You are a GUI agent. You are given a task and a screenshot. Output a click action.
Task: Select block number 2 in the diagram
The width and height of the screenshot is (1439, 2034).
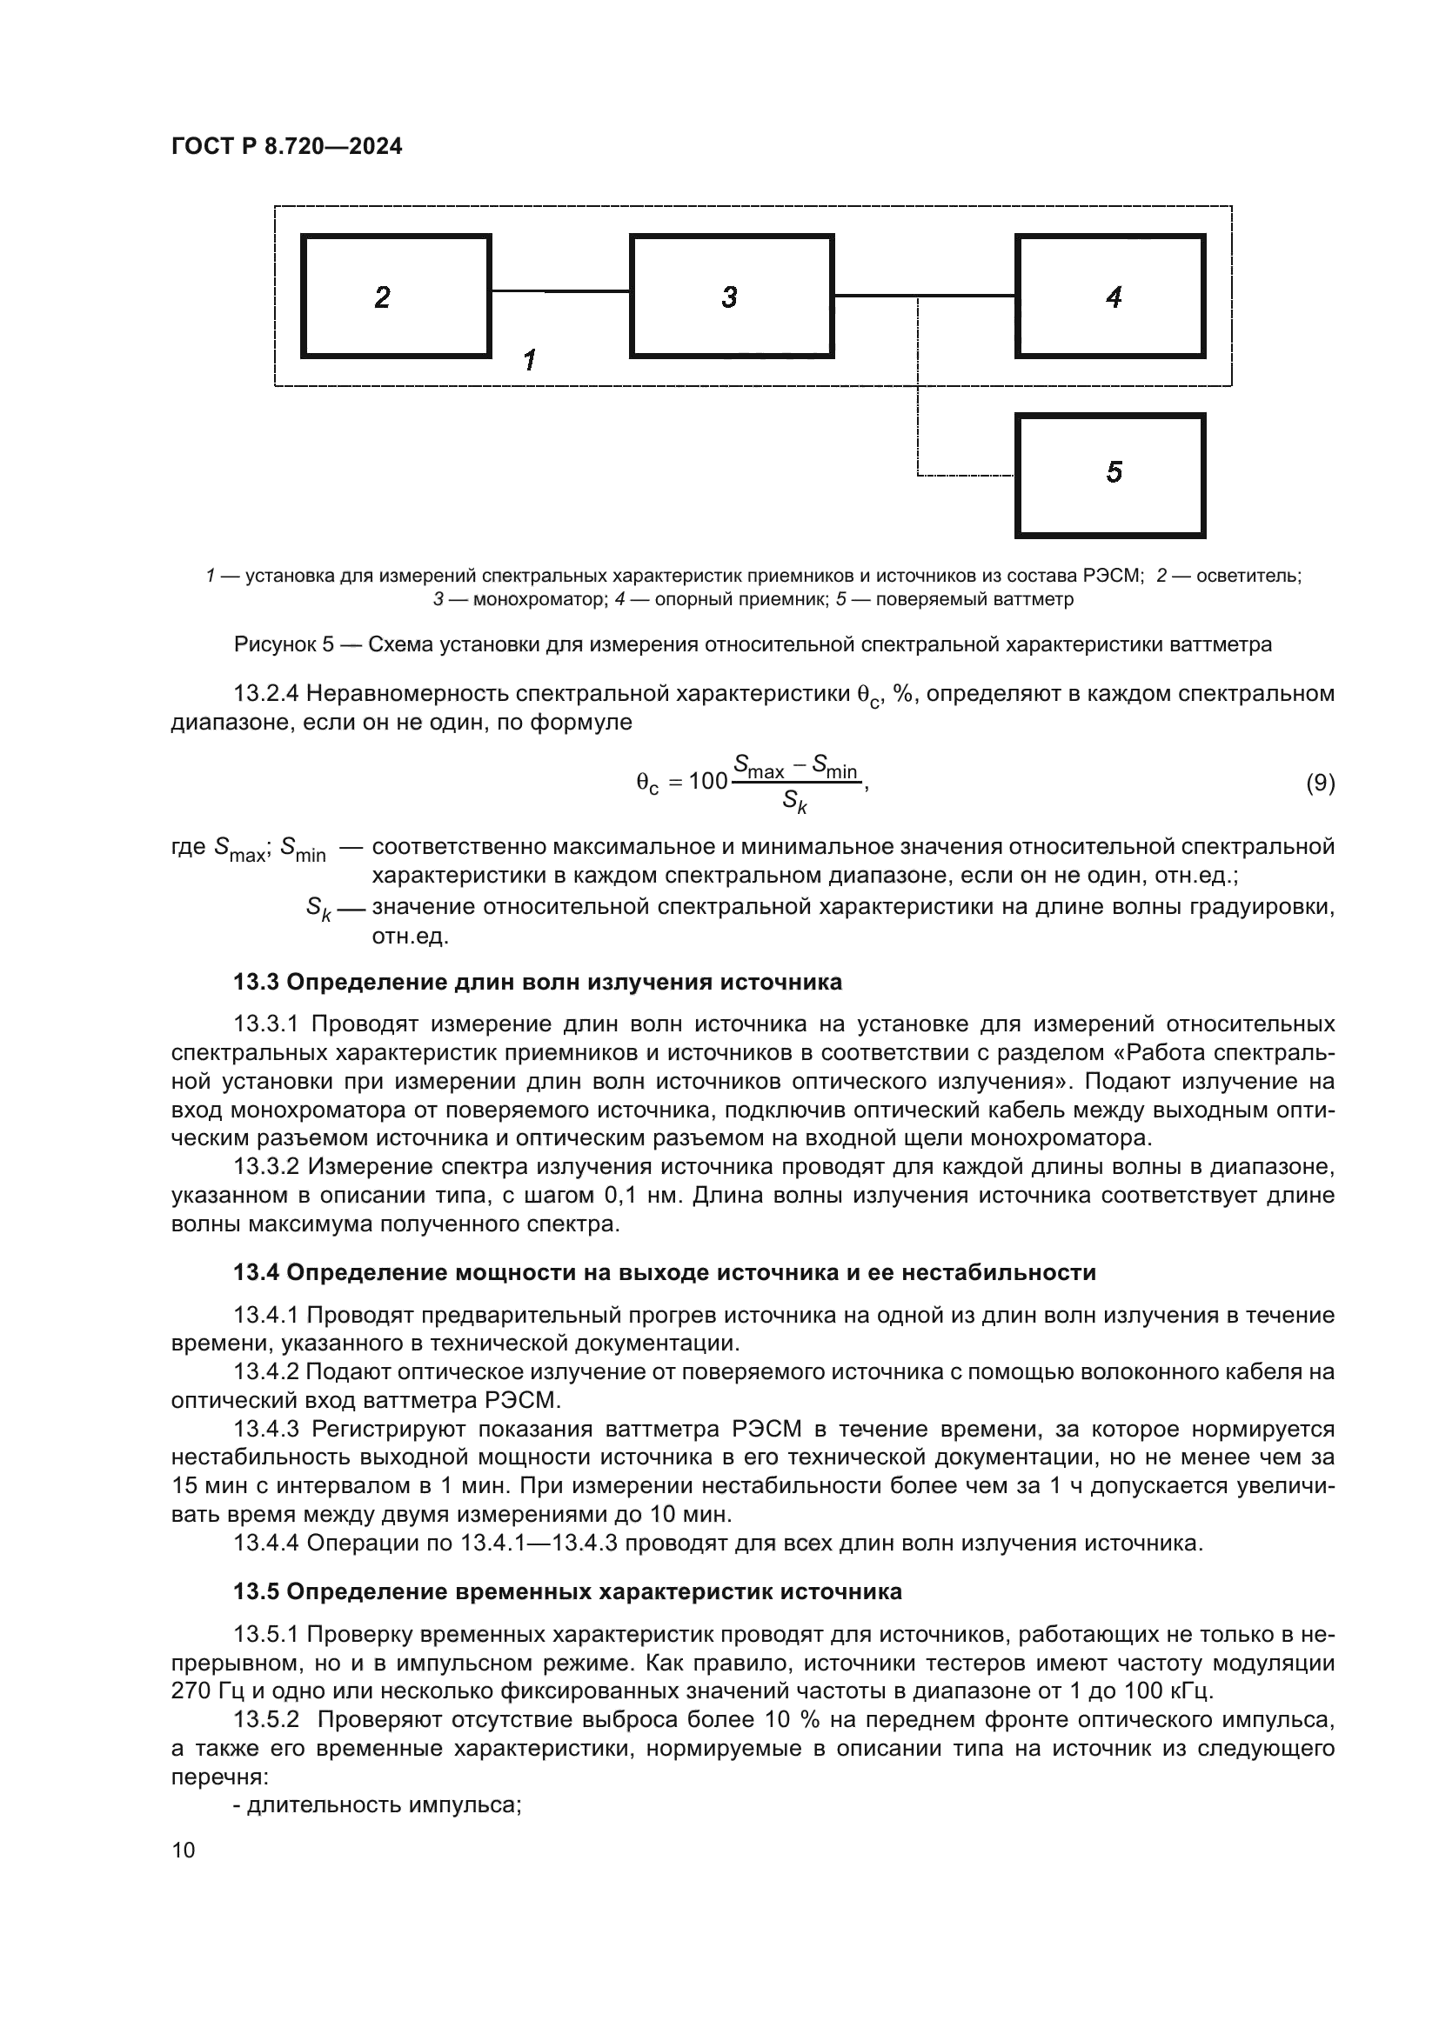pyautogui.click(x=396, y=296)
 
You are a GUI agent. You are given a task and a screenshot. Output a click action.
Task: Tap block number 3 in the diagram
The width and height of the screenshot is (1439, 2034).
pyautogui.click(x=731, y=296)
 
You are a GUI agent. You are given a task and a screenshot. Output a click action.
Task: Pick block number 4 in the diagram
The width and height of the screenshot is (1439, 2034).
pyautogui.click(x=1110, y=296)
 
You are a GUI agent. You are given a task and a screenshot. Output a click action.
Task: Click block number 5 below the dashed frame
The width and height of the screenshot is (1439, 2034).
pyautogui.click(x=1110, y=475)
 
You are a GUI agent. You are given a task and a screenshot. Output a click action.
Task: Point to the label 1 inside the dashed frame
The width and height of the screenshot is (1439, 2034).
pyautogui.click(x=530, y=361)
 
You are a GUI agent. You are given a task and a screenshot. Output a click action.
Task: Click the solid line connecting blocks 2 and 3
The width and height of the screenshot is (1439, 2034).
pyautogui.click(x=560, y=290)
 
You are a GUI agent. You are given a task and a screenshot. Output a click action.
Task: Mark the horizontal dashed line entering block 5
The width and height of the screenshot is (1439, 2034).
pyautogui.click(x=966, y=477)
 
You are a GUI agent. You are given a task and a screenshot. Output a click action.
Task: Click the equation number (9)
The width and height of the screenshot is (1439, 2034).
pyautogui.click(x=1321, y=784)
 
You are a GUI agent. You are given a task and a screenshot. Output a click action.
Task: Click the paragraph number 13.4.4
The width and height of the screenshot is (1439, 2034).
pyautogui.click(x=267, y=1544)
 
